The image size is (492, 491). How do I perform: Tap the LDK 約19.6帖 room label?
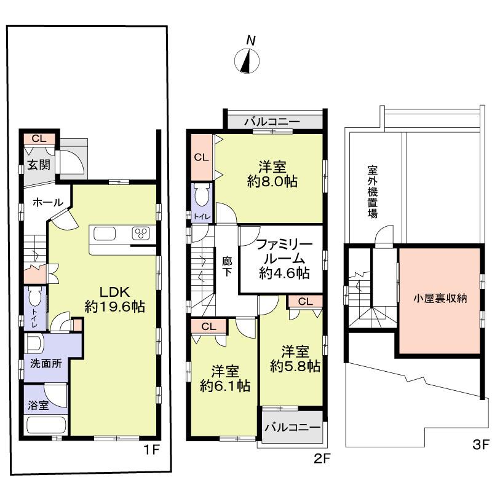pyautogui.click(x=114, y=299)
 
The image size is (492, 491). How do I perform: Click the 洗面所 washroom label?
pyautogui.click(x=47, y=363)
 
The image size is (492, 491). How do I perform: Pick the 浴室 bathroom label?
pyautogui.click(x=37, y=405)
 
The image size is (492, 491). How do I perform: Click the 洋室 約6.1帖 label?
pyautogui.click(x=224, y=379)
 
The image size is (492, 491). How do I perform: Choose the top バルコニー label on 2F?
pyautogui.click(x=271, y=122)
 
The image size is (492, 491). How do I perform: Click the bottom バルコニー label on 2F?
pyautogui.click(x=293, y=426)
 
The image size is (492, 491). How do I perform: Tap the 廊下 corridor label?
pyautogui.click(x=227, y=265)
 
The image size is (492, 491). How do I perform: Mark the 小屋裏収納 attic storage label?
pyautogui.click(x=440, y=299)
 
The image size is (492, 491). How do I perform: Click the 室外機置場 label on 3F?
pyautogui.click(x=373, y=191)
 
